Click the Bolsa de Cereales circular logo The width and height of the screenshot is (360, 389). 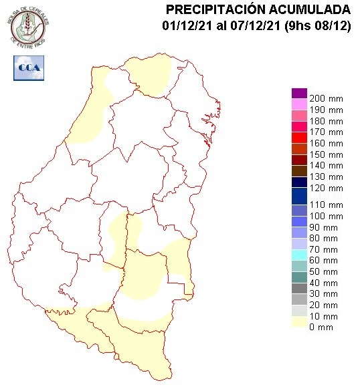point(29,27)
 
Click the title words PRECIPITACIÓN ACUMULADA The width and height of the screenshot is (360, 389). point(258,9)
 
